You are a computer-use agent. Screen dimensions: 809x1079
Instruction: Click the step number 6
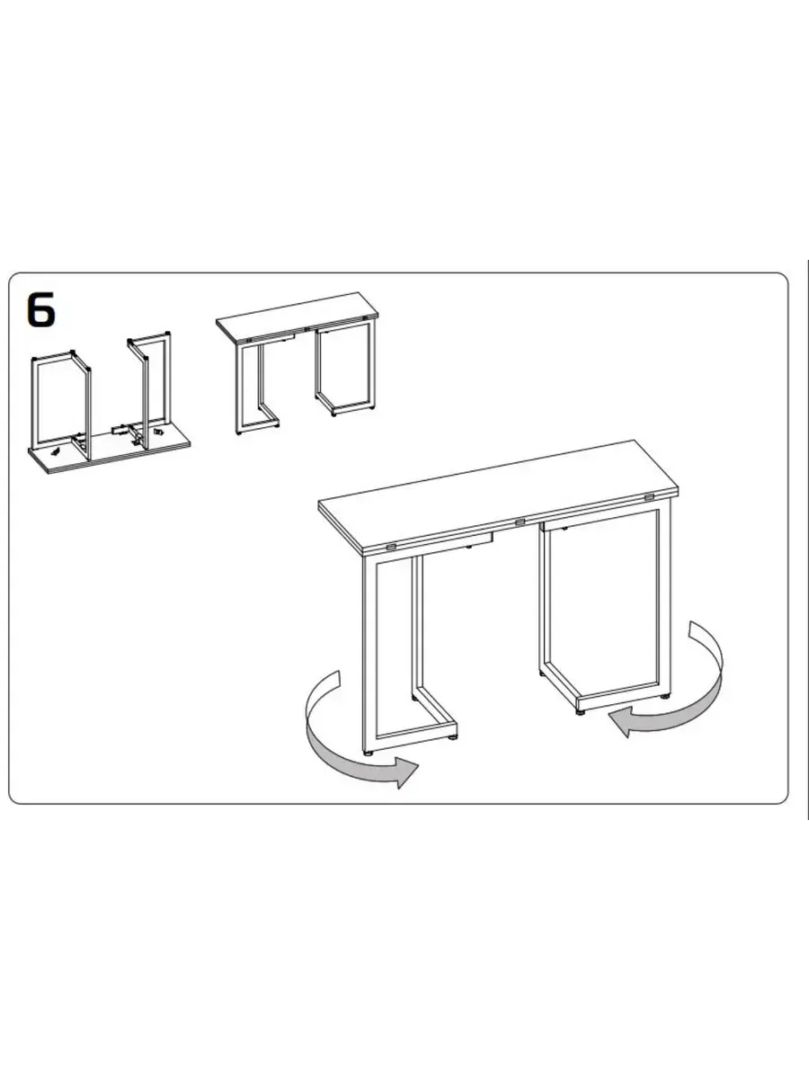[x=41, y=308]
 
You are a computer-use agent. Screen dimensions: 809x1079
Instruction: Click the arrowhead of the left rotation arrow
[x=406, y=772]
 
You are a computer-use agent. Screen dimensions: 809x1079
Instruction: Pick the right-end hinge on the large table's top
[x=649, y=497]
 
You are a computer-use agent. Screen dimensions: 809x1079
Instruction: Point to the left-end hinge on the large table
[x=391, y=547]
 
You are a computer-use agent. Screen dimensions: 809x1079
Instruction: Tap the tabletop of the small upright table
[x=298, y=317]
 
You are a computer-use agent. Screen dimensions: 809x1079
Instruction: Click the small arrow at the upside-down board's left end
[x=56, y=450]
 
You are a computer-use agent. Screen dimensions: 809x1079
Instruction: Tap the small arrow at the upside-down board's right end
[x=158, y=432]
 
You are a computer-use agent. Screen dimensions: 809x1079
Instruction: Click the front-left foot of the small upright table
[x=239, y=433]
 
